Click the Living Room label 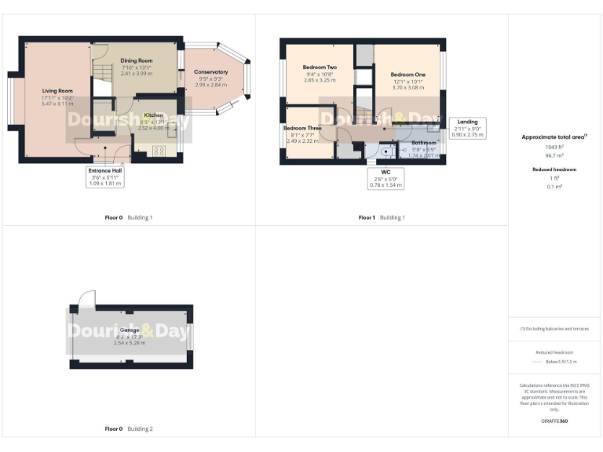pos(57,91)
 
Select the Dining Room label pos(137,60)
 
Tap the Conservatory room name pos(210,72)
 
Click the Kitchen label pos(153,115)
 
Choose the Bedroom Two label pos(320,67)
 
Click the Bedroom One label pos(407,75)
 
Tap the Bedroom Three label pos(302,128)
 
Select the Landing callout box pos(470,128)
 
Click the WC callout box pos(384,177)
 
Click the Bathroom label pos(424,143)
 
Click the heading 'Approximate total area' pos(554,137)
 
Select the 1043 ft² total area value pos(554,147)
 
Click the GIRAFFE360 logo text pos(554,421)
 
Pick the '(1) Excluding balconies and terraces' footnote pos(554,328)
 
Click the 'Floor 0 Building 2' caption pos(129,429)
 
